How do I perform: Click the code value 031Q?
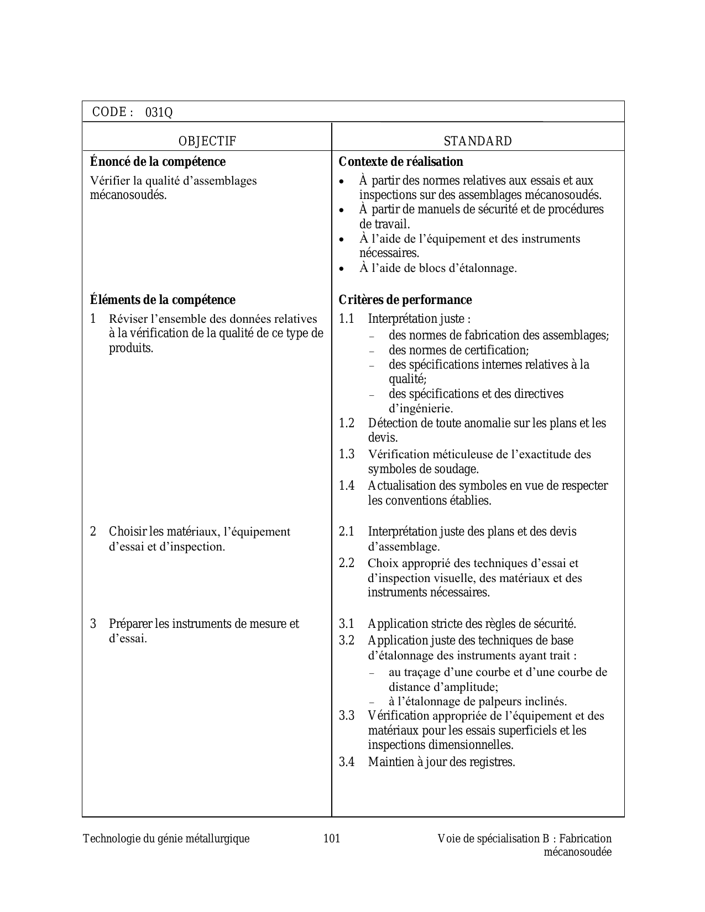coord(159,113)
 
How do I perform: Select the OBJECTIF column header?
coord(207,141)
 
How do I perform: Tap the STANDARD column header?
coord(478,141)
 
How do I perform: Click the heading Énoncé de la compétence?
coord(158,162)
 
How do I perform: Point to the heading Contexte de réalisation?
coord(401,162)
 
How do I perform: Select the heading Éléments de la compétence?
coord(163,300)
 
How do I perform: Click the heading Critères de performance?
coord(405,300)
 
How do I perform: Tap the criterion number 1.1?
coord(346,319)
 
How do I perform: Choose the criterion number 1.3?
coord(347,454)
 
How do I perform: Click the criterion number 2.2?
coord(347,563)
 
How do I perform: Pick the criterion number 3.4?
coord(347,762)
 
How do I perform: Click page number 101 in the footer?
coord(331,839)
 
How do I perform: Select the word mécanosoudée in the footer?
coord(578,852)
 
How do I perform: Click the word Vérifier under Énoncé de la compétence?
coord(108,181)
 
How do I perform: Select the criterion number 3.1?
coord(347,624)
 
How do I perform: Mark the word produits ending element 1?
coord(130,348)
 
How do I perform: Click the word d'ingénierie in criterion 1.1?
coord(421,409)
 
